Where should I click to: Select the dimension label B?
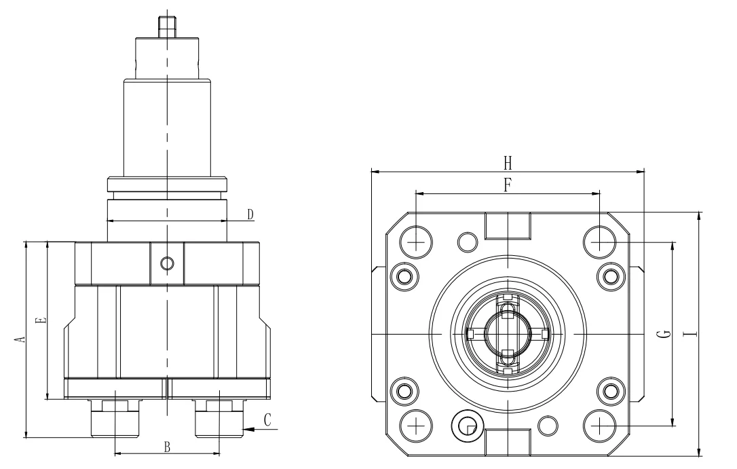(x=166, y=446)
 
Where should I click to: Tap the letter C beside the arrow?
(x=267, y=420)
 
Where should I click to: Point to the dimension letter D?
(x=250, y=214)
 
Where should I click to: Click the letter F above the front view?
(x=508, y=184)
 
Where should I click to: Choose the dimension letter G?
(x=666, y=333)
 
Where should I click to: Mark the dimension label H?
(x=507, y=163)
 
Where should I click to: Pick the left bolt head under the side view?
(x=115, y=418)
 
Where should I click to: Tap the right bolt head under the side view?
(x=219, y=418)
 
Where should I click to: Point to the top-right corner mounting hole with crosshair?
(x=599, y=241)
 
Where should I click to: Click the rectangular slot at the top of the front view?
(x=508, y=225)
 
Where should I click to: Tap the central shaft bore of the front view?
(x=507, y=333)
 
